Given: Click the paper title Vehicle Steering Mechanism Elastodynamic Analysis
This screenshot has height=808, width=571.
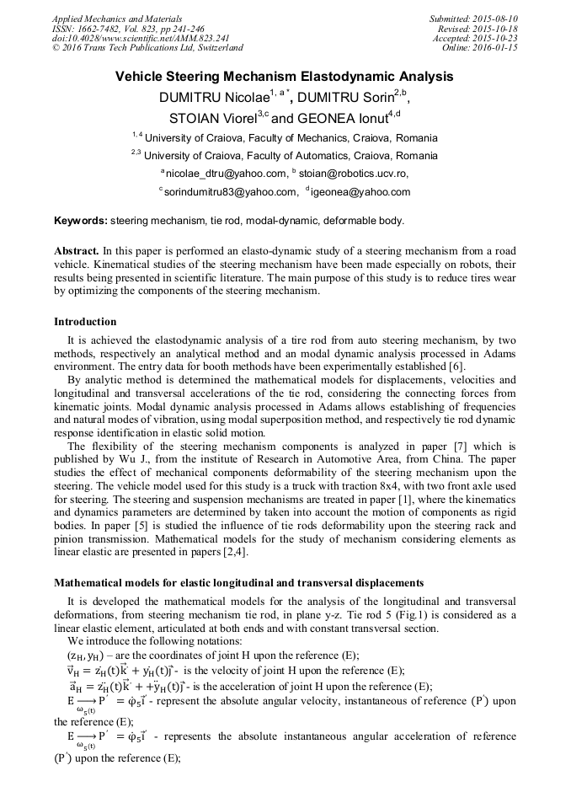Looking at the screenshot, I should coord(285,77).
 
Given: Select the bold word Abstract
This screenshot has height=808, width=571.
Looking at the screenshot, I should coord(77,252).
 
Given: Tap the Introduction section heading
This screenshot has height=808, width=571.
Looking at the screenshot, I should coord(85,321).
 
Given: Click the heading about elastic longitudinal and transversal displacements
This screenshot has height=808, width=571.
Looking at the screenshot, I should coord(238,583).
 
